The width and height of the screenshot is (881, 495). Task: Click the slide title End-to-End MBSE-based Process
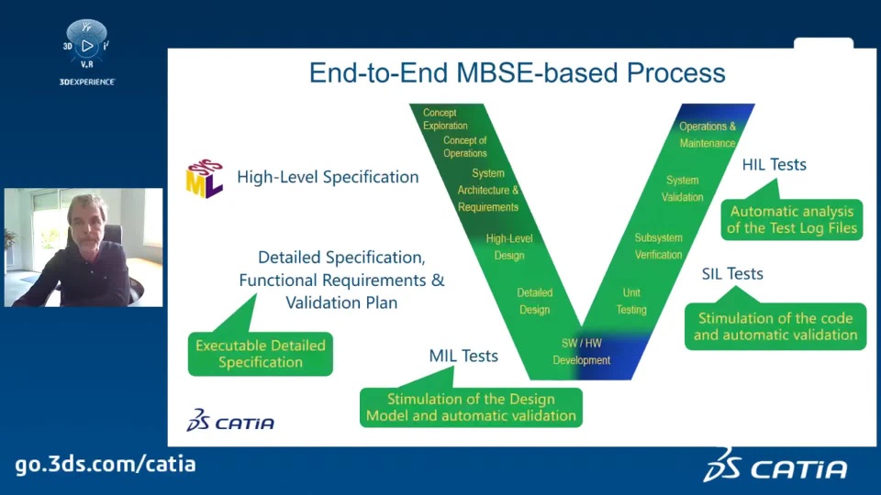(x=517, y=73)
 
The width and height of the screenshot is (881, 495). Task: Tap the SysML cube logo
(x=205, y=179)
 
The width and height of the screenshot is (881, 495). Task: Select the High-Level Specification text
(x=328, y=177)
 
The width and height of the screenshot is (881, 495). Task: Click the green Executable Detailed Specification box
(x=260, y=354)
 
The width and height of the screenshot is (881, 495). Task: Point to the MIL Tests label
(x=463, y=356)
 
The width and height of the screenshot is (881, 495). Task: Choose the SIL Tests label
(x=732, y=274)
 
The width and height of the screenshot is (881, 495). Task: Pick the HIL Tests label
(x=774, y=164)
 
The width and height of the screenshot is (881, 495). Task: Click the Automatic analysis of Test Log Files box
(x=792, y=219)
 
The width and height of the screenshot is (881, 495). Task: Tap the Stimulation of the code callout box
(x=775, y=326)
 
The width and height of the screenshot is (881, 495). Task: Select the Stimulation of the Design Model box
(x=471, y=407)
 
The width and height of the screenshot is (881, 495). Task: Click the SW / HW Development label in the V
(x=582, y=352)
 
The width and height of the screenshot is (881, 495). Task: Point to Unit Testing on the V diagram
(x=631, y=301)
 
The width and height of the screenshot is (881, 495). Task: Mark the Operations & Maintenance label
(x=708, y=135)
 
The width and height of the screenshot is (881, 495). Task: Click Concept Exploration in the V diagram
(x=445, y=119)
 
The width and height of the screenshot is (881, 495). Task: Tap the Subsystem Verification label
(x=658, y=247)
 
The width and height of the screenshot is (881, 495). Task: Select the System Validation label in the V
(x=682, y=189)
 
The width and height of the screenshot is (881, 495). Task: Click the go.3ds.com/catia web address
(x=106, y=465)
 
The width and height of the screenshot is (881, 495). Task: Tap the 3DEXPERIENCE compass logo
(x=86, y=45)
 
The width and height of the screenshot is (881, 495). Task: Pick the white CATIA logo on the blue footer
(x=775, y=466)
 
